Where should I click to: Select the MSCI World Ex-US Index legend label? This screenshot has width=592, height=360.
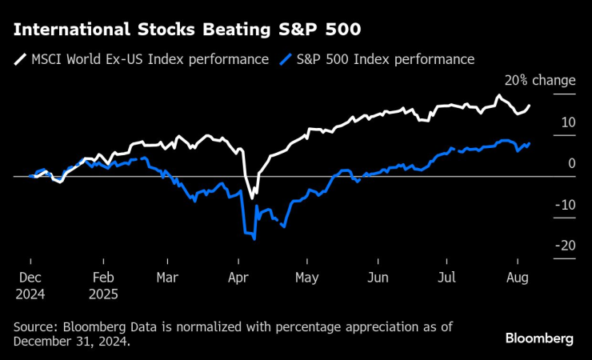(x=150, y=59)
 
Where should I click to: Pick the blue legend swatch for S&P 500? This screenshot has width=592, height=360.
(x=286, y=59)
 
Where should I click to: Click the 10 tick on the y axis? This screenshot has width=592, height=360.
(x=568, y=122)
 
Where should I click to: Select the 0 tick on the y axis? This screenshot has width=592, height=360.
(x=571, y=163)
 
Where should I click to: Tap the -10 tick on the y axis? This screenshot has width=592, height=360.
(x=566, y=205)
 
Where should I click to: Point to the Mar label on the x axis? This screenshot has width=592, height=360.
(x=168, y=278)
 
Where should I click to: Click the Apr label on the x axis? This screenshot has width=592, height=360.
(x=238, y=278)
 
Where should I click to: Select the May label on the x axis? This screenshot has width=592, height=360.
(x=307, y=278)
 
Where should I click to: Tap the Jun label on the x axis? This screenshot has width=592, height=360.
(x=378, y=278)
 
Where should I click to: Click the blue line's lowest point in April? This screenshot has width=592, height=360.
(x=254, y=238)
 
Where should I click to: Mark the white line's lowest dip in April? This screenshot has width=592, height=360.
(x=251, y=198)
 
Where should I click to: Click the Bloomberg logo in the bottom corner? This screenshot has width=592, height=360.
(x=538, y=338)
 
